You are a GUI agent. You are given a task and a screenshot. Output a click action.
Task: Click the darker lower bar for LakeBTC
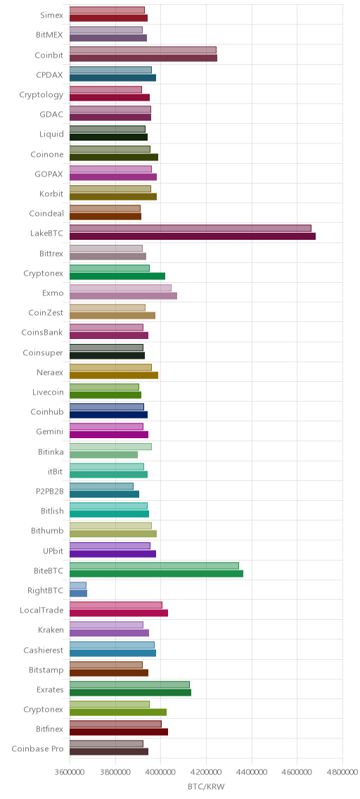[193, 236]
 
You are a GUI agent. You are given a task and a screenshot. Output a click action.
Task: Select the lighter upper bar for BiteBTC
[154, 565]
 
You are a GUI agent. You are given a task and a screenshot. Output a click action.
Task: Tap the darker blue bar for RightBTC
[79, 593]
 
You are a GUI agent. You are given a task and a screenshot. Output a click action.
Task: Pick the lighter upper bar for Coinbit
[143, 50]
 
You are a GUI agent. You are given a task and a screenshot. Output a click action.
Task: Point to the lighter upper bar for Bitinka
[110, 447]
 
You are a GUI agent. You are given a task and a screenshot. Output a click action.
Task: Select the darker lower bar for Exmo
[123, 296]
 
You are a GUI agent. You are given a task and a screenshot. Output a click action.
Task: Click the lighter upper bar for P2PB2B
[101, 486]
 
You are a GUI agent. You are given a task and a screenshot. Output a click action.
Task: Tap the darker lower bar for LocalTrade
[119, 613]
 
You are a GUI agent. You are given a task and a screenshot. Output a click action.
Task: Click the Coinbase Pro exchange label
[38, 748]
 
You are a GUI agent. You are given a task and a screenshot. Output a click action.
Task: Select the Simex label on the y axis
[52, 15]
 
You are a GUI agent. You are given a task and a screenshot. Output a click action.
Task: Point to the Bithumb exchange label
[47, 530]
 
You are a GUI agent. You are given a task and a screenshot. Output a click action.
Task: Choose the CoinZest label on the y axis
[46, 313]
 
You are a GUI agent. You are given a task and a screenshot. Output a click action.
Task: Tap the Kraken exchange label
[51, 629]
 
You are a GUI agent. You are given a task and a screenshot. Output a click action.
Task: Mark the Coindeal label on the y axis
[46, 214]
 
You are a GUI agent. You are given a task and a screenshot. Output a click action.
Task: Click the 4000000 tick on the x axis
[161, 772]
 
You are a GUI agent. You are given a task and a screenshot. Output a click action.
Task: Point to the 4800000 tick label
[342, 772]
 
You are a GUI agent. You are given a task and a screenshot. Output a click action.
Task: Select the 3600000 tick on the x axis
[70, 772]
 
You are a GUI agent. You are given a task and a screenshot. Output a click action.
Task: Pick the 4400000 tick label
[252, 772]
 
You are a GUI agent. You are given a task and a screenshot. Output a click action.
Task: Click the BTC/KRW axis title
[206, 787]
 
